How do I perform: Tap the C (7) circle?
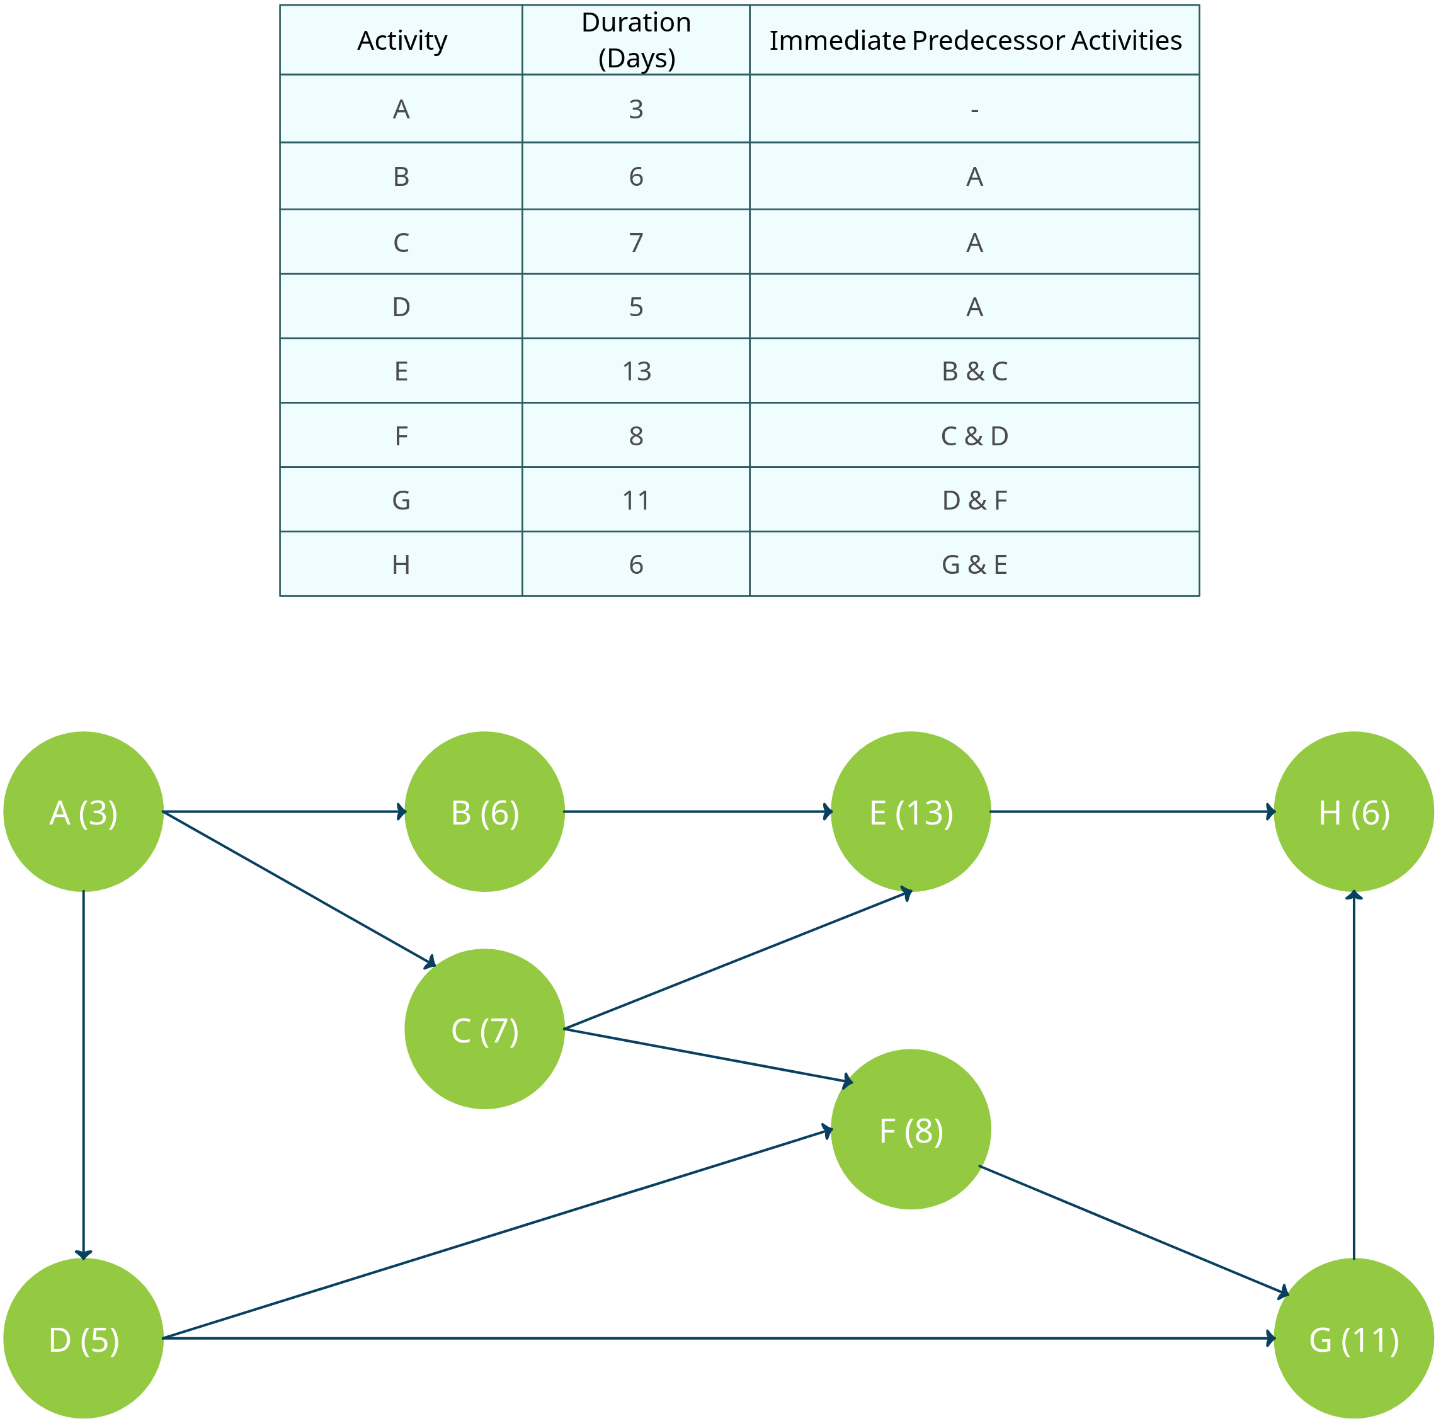point(484,1029)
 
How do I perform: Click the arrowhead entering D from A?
point(83,1255)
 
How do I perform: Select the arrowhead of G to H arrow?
point(1354,896)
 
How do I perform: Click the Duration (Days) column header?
point(636,40)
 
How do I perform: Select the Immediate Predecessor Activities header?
point(974,40)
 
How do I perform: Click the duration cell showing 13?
point(636,371)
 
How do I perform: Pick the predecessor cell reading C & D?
point(974,435)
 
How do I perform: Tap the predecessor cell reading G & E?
point(974,565)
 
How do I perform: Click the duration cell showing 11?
point(636,500)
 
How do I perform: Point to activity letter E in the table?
point(401,371)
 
